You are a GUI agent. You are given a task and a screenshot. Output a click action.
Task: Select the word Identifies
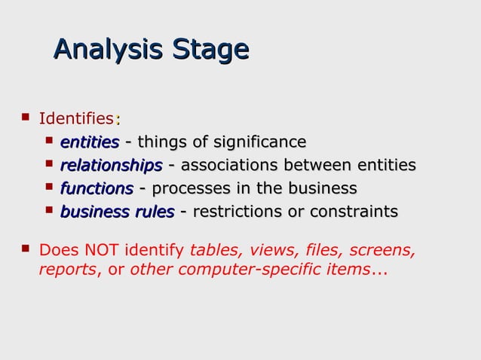76,118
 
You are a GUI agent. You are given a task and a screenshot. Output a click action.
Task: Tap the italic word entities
90,142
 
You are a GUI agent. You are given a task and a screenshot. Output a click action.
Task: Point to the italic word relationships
111,165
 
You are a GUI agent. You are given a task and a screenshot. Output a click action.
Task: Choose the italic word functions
97,188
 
